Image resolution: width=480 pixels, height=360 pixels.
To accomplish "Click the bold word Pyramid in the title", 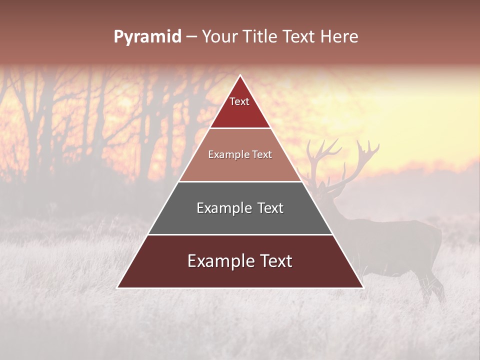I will coord(147,37).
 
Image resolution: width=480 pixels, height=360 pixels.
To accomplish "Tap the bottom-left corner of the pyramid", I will coord(118,287).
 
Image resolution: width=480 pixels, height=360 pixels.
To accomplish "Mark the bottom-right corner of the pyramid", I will coord(362,287).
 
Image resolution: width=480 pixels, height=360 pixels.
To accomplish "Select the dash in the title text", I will coord(191,37).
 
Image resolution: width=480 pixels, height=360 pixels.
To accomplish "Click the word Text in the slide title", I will coord(299,37).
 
